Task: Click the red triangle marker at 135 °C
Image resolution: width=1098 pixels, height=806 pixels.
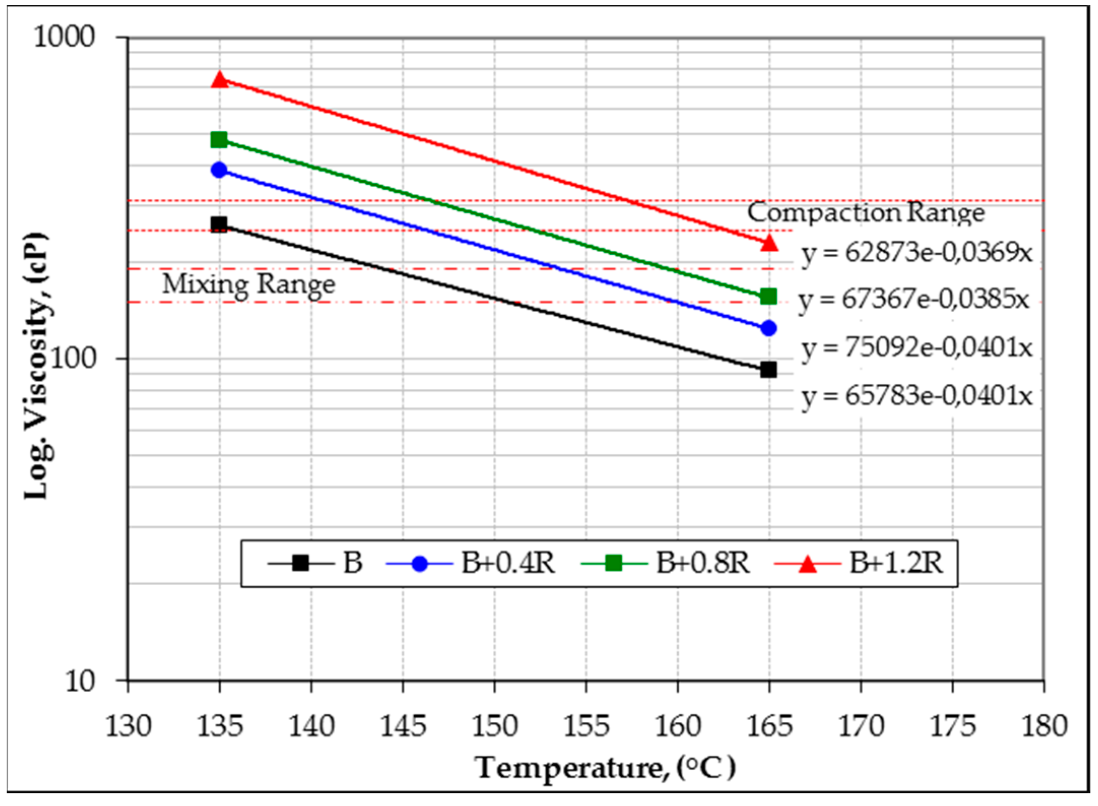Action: tap(219, 80)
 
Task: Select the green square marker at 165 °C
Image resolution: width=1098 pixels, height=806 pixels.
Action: tap(769, 296)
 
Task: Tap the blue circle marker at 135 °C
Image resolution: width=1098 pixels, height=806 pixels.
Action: tap(219, 170)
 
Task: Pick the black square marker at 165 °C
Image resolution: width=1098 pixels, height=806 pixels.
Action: tap(769, 370)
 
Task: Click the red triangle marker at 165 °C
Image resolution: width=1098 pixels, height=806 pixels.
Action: tap(769, 243)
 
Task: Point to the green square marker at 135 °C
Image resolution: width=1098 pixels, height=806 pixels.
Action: tap(219, 140)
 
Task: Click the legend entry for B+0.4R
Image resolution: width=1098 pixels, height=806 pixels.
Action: tap(471, 563)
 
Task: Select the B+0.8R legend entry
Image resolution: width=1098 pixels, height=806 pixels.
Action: tap(666, 563)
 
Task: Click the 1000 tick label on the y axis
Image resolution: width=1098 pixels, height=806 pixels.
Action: tap(64, 37)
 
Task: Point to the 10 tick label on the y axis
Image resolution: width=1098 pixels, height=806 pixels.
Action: tap(80, 680)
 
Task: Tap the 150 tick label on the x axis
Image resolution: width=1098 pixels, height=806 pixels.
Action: tap(494, 726)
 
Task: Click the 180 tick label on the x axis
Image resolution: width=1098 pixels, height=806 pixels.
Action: tap(1044, 726)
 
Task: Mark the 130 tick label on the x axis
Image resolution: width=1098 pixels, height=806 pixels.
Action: tap(128, 726)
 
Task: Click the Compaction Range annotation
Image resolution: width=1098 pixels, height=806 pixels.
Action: tap(866, 212)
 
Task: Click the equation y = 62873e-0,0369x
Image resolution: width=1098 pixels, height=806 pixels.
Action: tap(917, 252)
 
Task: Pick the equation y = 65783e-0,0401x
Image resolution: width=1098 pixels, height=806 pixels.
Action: tap(917, 396)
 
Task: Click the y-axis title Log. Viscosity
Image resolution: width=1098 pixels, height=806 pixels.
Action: tap(37, 365)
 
